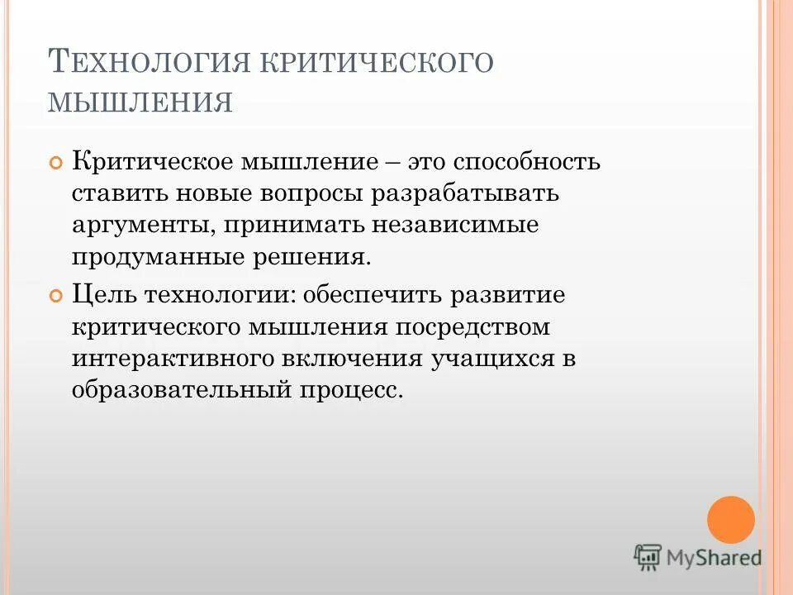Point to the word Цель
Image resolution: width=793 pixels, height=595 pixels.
tap(103, 293)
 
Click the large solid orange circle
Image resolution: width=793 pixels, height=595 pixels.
tap(731, 520)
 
